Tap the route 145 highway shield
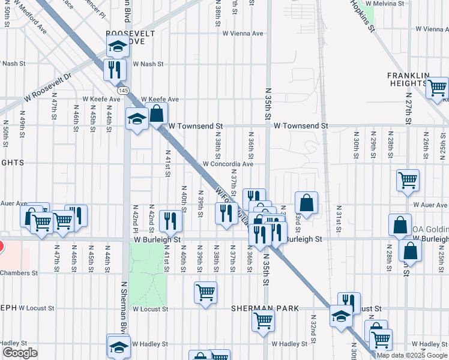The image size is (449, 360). pos(123,90)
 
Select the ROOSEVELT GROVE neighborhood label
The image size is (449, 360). pos(126,37)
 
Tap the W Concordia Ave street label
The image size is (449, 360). pos(228,163)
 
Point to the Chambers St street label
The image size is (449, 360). pos(19,272)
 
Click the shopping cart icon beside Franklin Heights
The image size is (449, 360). pos(437,88)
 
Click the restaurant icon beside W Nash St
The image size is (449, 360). pos(114,69)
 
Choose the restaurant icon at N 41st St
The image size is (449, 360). pos(171,221)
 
